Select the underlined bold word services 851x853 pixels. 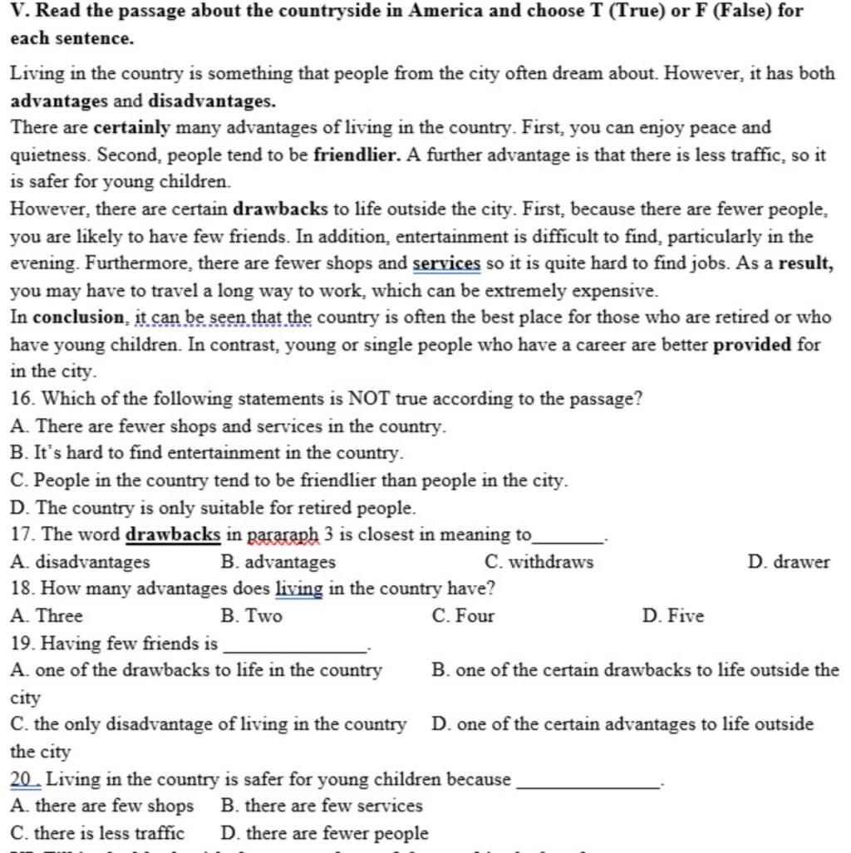coord(446,264)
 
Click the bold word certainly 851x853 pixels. coord(131,128)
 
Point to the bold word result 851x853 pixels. coord(806,264)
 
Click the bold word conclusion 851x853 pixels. coord(79,318)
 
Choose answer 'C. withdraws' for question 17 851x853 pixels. coord(539,562)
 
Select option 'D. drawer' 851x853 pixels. coord(789,562)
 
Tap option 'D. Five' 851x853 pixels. coord(673,616)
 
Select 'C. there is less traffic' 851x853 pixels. coord(98,833)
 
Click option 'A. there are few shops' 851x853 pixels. coord(102,806)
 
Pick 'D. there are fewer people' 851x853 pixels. coord(325,833)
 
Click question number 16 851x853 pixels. coord(22,399)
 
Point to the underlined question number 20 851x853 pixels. coord(25,779)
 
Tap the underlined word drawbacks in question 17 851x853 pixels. coord(173,535)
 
